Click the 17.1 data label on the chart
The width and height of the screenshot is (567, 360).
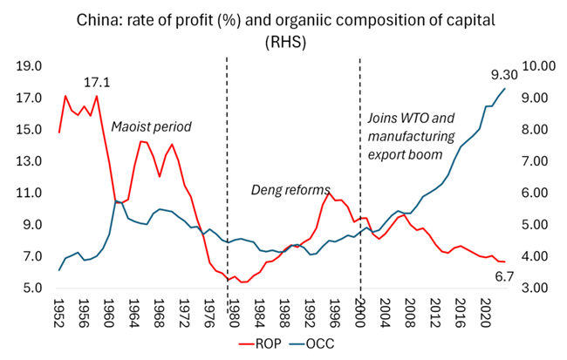pos(98,83)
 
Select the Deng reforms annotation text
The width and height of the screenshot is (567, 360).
pos(291,189)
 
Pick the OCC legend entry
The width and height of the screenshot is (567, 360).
pos(315,343)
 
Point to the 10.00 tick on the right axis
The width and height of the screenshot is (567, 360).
pos(535,66)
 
